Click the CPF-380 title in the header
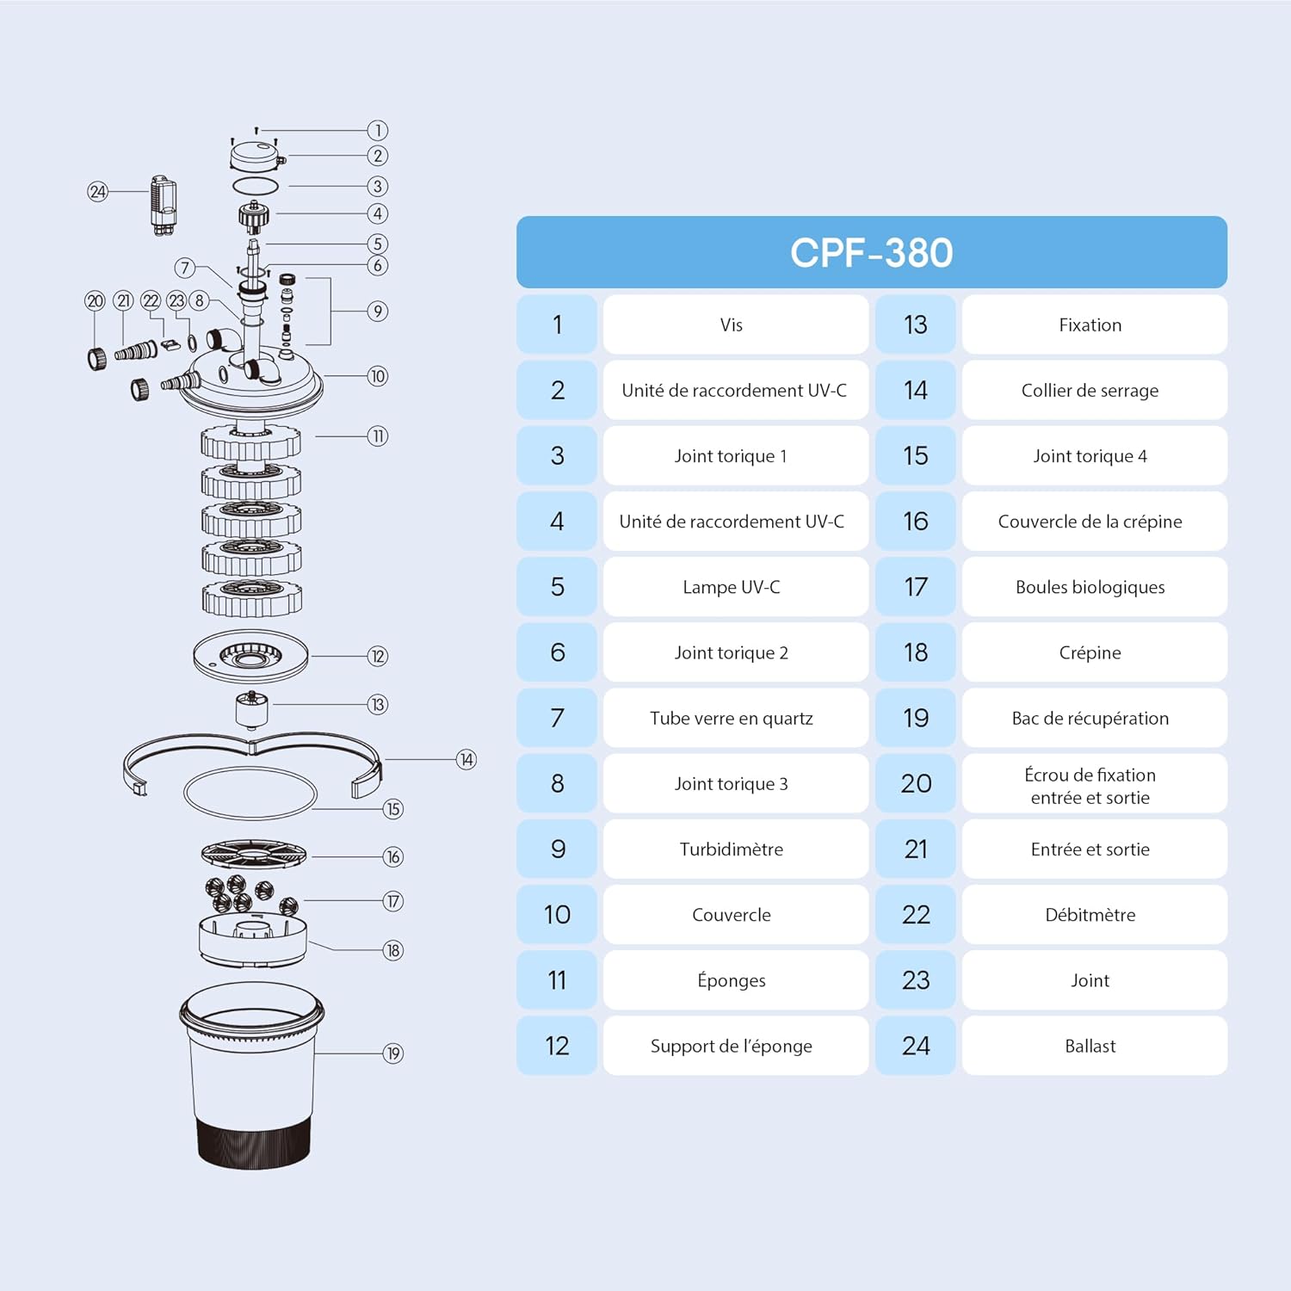tap(871, 253)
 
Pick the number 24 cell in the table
tap(915, 1046)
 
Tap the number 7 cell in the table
tap(557, 718)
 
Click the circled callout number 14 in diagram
tap(466, 759)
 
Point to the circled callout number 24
tap(97, 191)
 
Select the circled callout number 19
tap(393, 1053)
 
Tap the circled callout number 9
tap(377, 311)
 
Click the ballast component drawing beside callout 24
tap(164, 205)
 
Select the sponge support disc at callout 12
tap(250, 657)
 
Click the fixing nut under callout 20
tap(96, 357)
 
